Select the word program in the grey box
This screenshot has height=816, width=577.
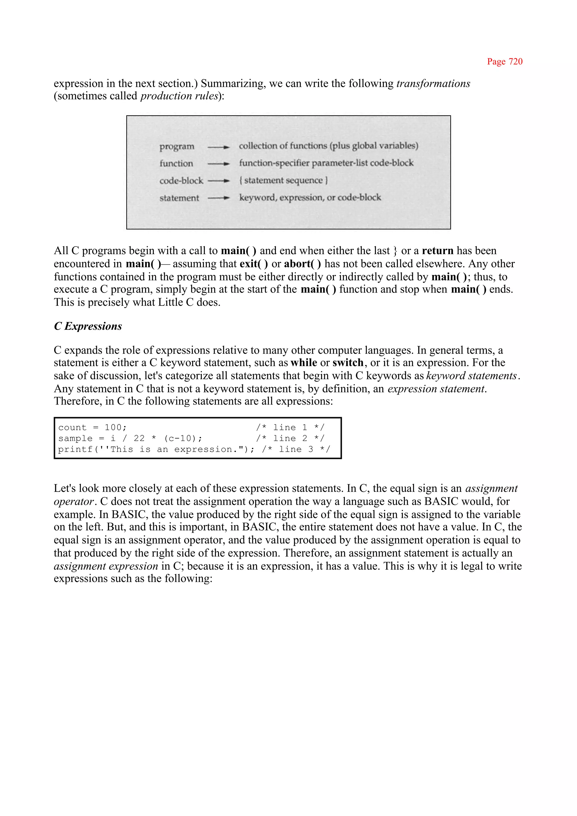pyautogui.click(x=177, y=146)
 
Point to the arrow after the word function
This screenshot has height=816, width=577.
pyautogui.click(x=219, y=164)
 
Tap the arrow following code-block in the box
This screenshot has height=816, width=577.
pyautogui.click(x=219, y=181)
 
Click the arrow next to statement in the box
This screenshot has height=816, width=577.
pyautogui.click(x=219, y=198)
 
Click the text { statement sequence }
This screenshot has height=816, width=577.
pyautogui.click(x=283, y=180)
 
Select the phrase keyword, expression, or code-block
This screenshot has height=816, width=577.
pyautogui.click(x=310, y=197)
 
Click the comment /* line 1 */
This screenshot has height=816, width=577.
pyautogui.click(x=290, y=427)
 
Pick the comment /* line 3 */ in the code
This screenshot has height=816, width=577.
pyautogui.click(x=296, y=449)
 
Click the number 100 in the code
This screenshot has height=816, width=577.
pyautogui.click(x=113, y=427)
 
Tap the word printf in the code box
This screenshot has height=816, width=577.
pyautogui.click(x=75, y=449)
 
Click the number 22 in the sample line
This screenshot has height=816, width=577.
pyautogui.click(x=139, y=438)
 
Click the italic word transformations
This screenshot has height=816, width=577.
pyautogui.click(x=433, y=83)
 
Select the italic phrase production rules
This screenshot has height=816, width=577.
pyautogui.click(x=179, y=96)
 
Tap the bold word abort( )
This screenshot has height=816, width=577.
pyautogui.click(x=302, y=264)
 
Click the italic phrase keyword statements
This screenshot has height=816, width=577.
pyautogui.click(x=471, y=376)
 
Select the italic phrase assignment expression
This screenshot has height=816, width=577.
pyautogui.click(x=106, y=566)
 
